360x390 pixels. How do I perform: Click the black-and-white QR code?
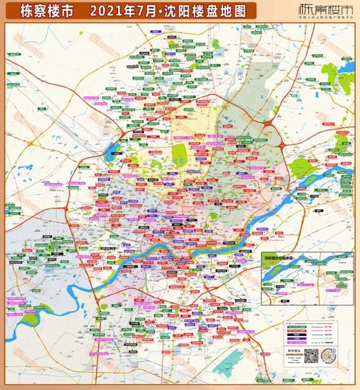[x=311, y=356]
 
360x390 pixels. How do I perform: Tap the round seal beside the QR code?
[x=329, y=356]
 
